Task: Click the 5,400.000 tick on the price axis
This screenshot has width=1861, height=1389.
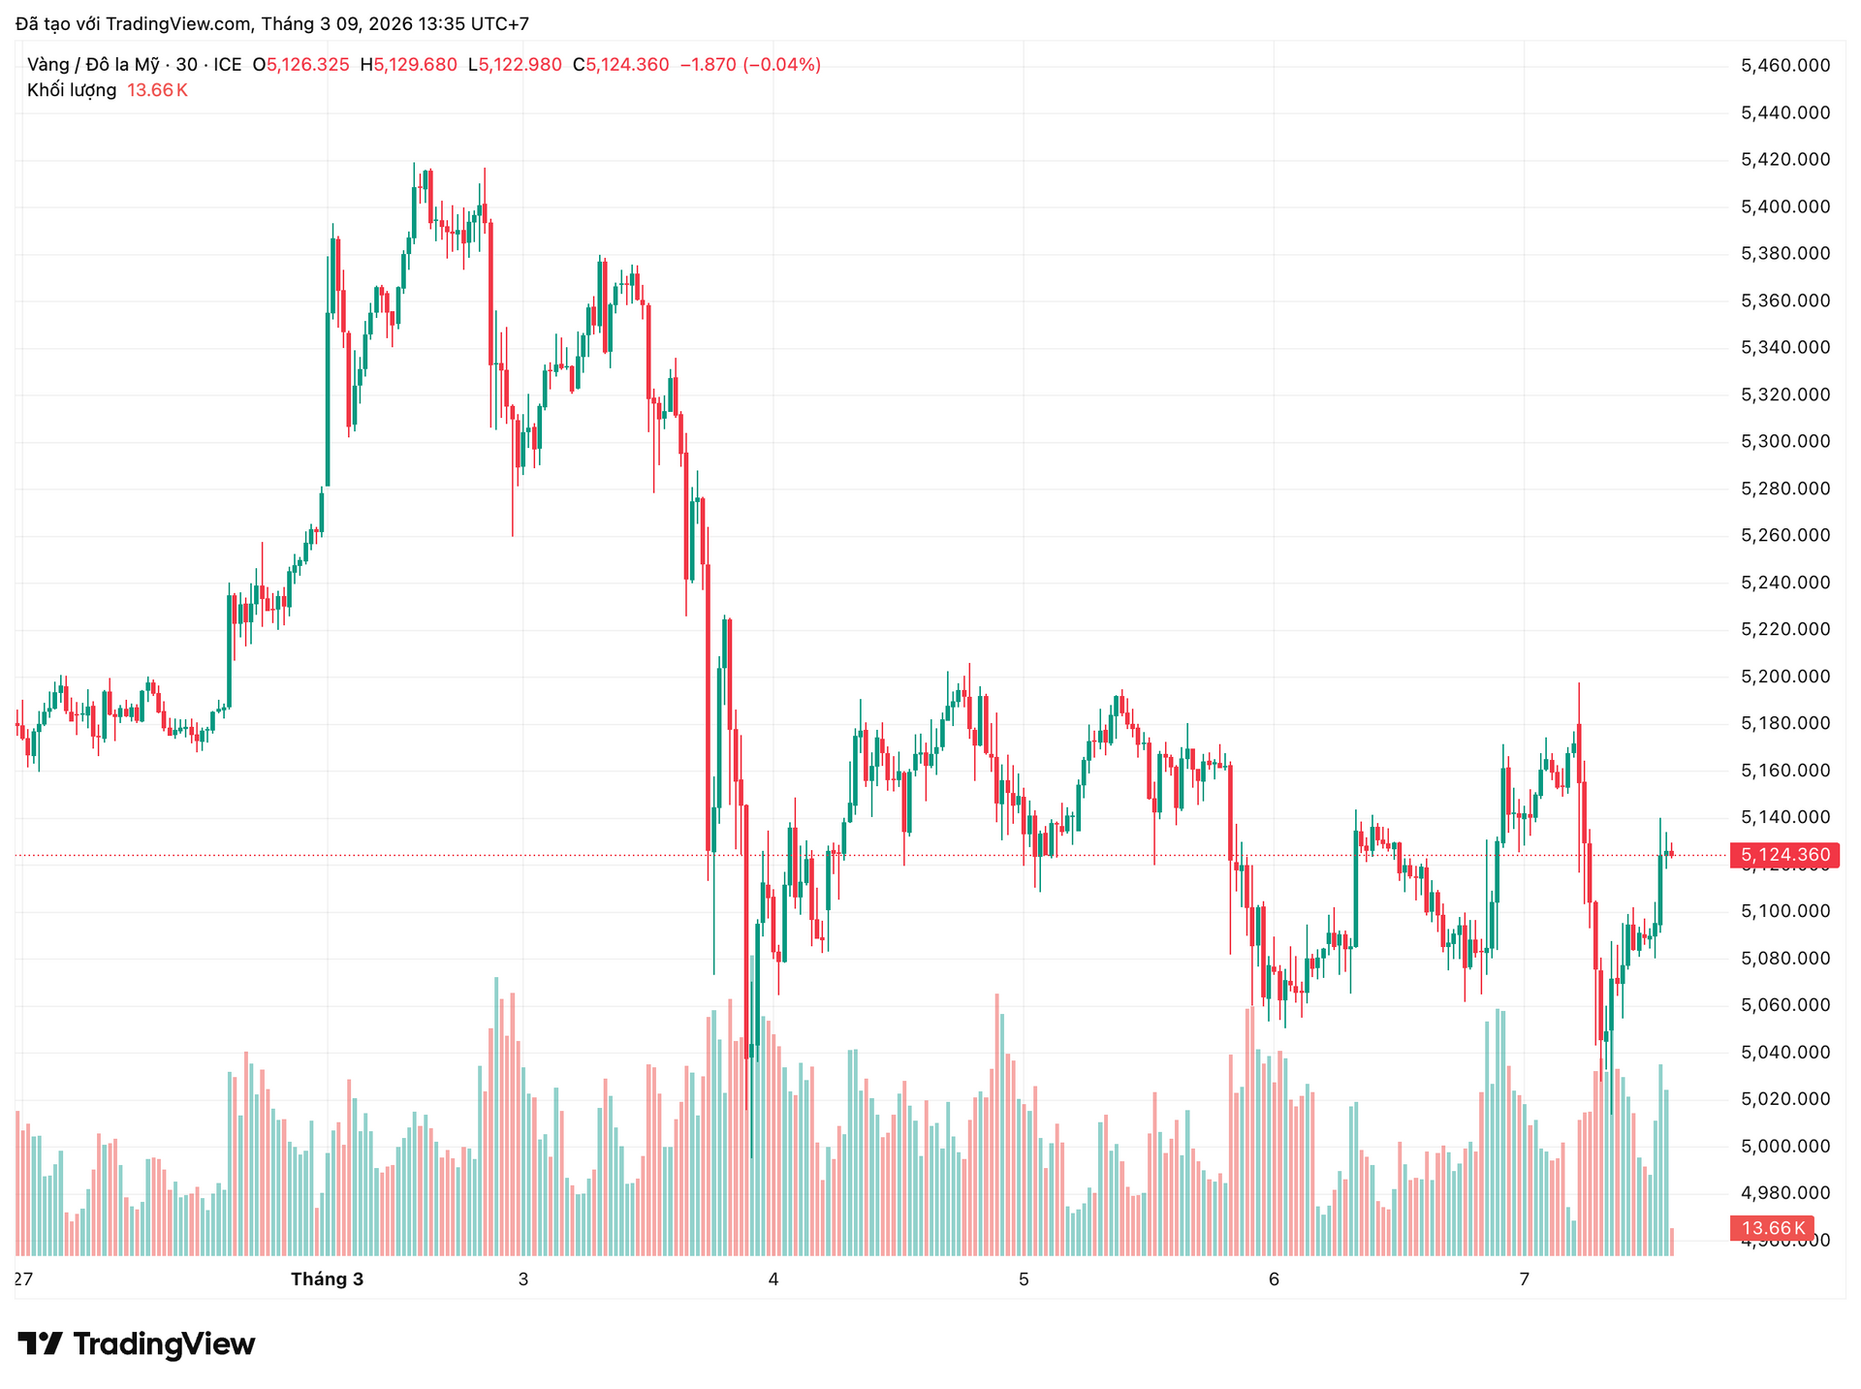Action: click(x=1785, y=206)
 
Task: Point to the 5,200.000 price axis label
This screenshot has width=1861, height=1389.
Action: click(x=1785, y=677)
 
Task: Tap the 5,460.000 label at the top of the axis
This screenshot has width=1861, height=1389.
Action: click(x=1785, y=65)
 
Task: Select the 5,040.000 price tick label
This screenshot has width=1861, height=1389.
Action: click(x=1785, y=1052)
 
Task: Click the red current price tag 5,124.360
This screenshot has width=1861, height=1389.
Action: click(x=1784, y=855)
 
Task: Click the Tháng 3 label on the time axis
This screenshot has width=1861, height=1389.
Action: click(x=327, y=1279)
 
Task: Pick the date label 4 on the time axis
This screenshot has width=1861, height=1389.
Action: click(x=773, y=1279)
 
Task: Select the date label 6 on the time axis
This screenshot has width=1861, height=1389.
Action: click(x=1274, y=1279)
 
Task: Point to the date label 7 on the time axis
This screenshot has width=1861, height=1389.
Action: click(x=1524, y=1279)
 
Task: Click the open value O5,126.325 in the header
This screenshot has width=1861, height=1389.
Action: click(x=300, y=65)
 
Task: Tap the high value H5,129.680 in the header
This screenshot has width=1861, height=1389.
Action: click(x=408, y=65)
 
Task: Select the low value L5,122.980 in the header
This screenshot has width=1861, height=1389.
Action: click(x=514, y=65)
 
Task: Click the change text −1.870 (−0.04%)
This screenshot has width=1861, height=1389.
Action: click(x=750, y=65)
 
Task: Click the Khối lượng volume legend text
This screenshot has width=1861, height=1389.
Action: click(x=72, y=90)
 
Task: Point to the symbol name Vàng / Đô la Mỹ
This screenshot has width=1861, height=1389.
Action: click(x=93, y=65)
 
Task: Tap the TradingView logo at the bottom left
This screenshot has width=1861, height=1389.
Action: click(x=137, y=1344)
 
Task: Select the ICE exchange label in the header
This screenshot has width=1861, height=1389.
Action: click(x=228, y=65)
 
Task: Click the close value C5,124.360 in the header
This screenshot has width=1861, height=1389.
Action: click(x=620, y=65)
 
